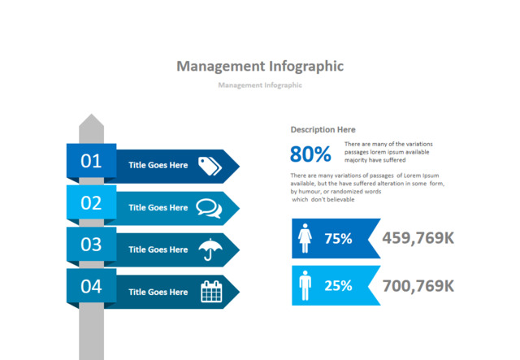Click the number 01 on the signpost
(x=91, y=161)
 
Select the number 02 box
(x=91, y=203)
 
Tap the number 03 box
(x=91, y=245)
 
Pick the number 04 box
(x=91, y=287)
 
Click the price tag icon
(x=210, y=165)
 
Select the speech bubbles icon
(x=209, y=207)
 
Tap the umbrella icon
(x=210, y=249)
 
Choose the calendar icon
(x=210, y=291)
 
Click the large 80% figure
(x=310, y=154)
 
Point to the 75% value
(x=338, y=239)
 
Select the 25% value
(x=338, y=286)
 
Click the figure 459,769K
(x=418, y=238)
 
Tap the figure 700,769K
(x=418, y=285)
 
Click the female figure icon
(x=306, y=238)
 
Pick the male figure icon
(x=305, y=285)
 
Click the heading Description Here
(x=323, y=130)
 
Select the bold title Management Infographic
(x=260, y=66)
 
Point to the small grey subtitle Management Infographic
(x=260, y=85)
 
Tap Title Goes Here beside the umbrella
(x=158, y=249)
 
